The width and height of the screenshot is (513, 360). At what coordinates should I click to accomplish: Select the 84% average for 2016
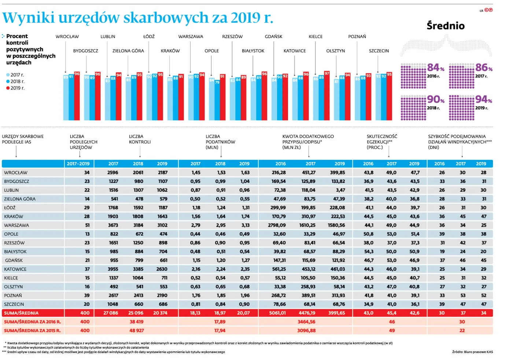(x=436, y=68)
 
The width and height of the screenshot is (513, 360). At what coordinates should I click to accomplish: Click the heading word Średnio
(x=446, y=26)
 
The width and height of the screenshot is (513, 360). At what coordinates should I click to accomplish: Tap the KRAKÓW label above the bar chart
(x=170, y=51)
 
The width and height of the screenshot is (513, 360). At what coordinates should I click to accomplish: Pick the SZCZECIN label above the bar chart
(x=379, y=51)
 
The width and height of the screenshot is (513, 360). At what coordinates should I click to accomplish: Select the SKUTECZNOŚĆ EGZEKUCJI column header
(x=382, y=142)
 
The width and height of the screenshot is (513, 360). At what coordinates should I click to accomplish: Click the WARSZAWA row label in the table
(x=16, y=225)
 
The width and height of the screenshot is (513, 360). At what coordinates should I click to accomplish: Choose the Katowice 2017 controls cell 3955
(x=113, y=269)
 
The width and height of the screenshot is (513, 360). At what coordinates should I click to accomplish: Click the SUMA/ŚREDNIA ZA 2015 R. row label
(x=32, y=331)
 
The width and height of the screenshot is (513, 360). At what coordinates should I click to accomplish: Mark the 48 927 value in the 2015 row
(x=137, y=331)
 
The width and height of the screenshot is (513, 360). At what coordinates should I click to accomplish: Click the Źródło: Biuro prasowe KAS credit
(x=472, y=352)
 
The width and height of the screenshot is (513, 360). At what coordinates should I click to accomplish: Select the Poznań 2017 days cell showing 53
(x=463, y=295)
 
